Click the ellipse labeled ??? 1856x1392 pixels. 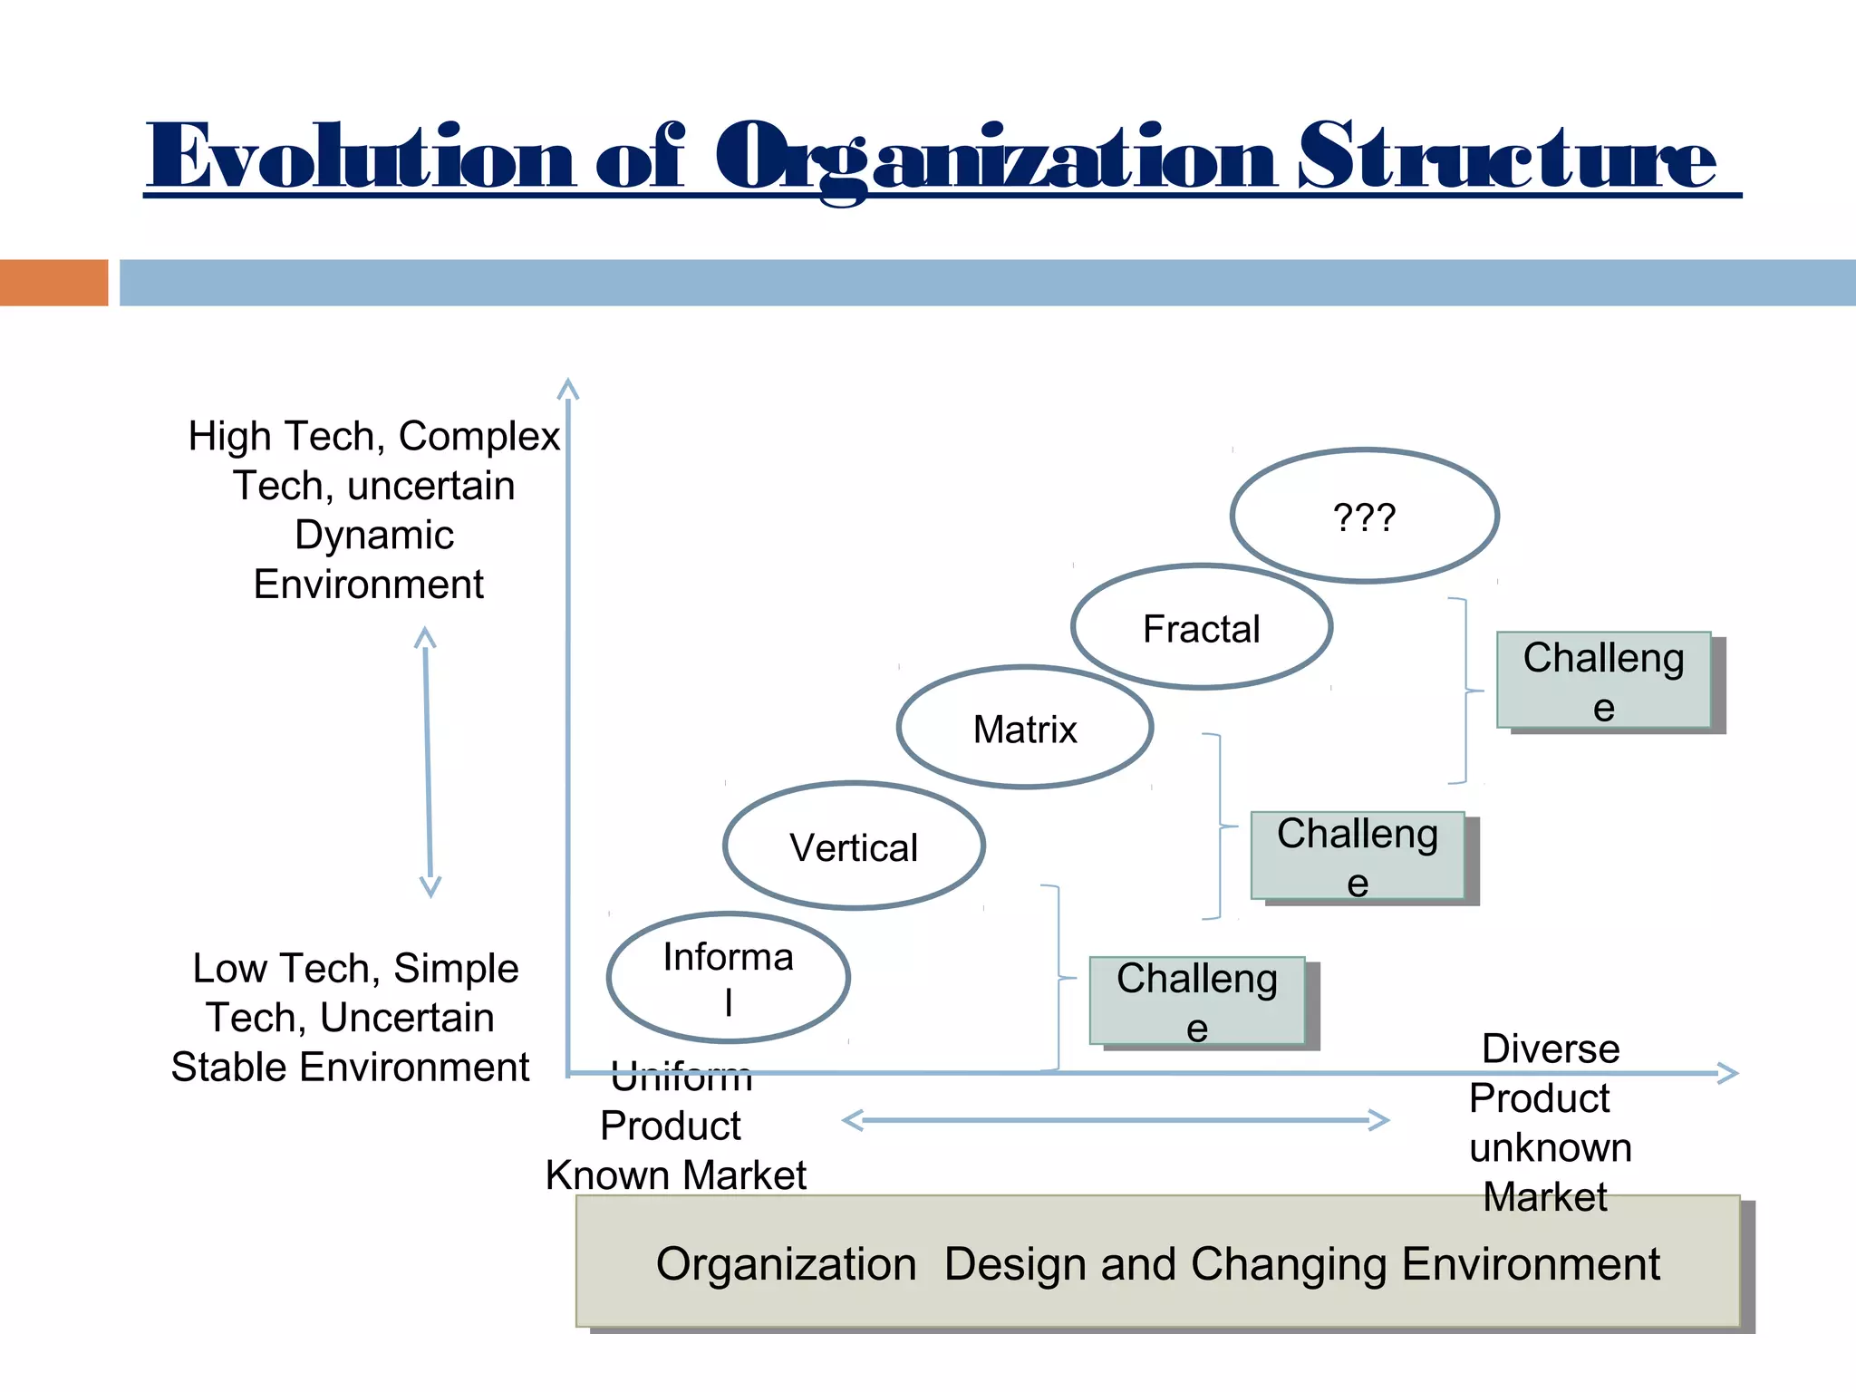(x=1364, y=517)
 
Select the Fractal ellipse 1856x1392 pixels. (x=1201, y=628)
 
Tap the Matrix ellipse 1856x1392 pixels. (x=1025, y=729)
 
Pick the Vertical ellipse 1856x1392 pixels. (x=854, y=846)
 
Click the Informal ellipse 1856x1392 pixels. (x=728, y=978)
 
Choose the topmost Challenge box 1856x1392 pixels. (x=1603, y=681)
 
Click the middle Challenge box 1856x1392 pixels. (x=1357, y=855)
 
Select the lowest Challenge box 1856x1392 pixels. (x=1196, y=1001)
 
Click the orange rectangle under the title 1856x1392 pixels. (x=53, y=283)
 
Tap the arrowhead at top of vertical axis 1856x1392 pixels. (x=567, y=389)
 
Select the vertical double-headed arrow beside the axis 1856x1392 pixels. (x=428, y=761)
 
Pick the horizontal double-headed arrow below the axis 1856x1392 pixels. (x=1115, y=1121)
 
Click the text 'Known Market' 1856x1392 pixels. (x=675, y=1175)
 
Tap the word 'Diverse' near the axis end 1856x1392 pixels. (x=1551, y=1049)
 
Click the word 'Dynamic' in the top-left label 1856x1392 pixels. (x=373, y=535)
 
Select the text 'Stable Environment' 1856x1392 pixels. (x=350, y=1067)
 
